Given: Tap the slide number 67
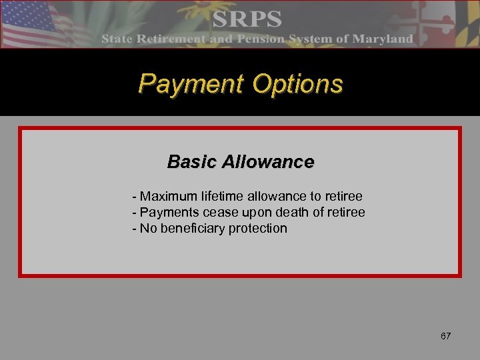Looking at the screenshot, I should point(445,336).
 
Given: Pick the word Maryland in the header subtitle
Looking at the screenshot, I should point(383,39).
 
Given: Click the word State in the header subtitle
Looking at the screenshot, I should point(118,39).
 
